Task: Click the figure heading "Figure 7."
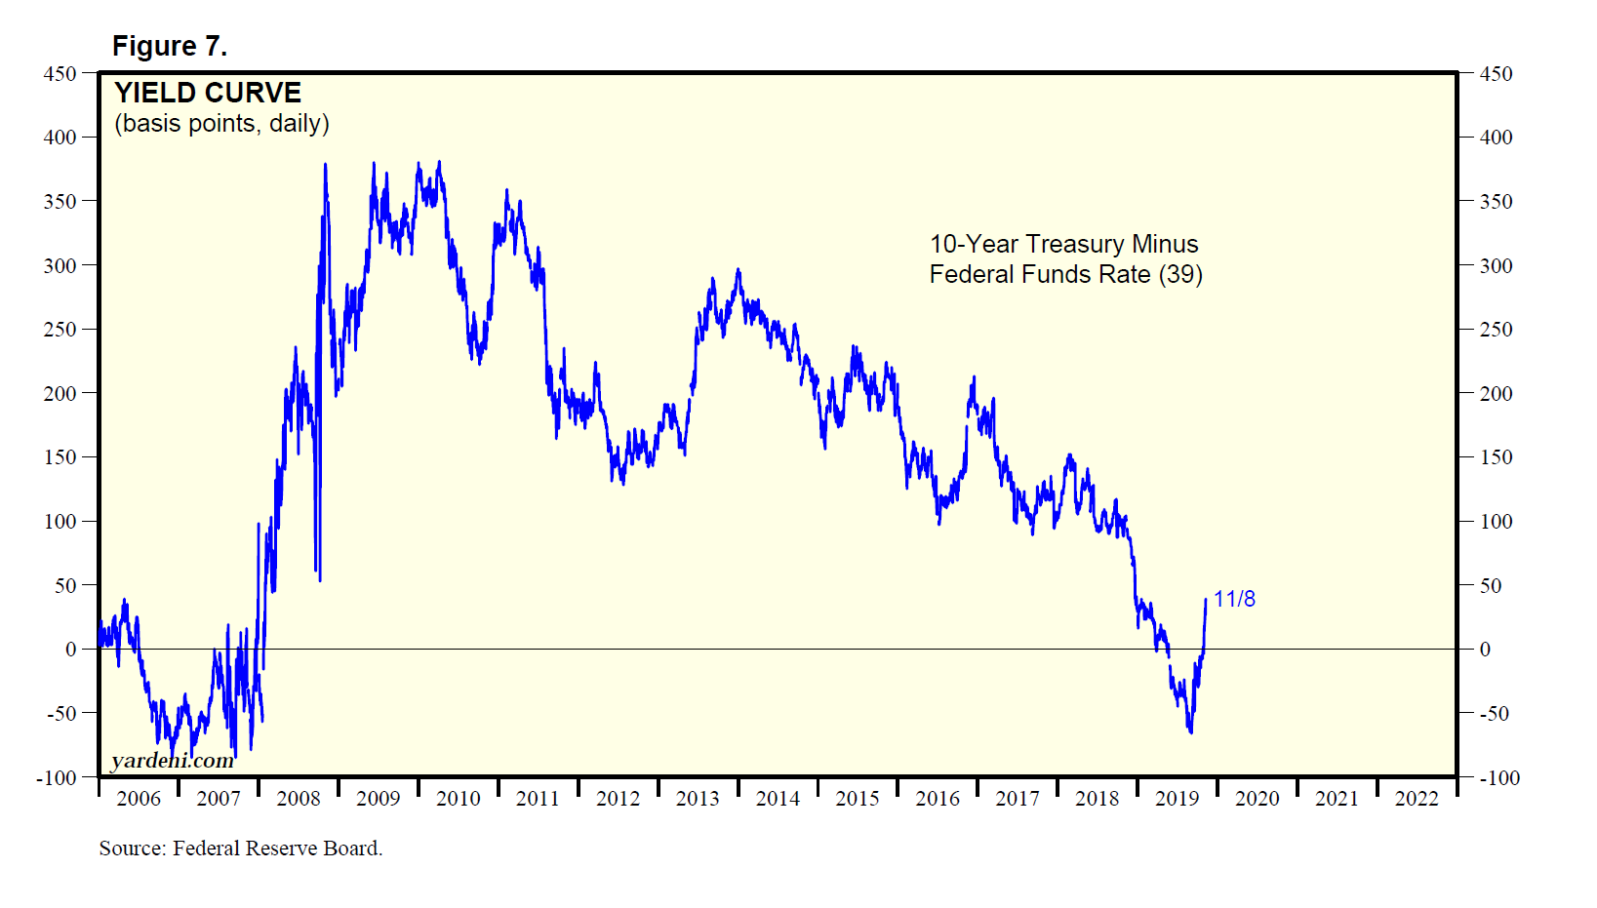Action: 169,46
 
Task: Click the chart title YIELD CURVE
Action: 208,93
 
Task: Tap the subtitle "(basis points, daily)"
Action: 221,124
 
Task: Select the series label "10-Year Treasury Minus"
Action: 1063,244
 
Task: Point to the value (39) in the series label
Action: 1180,274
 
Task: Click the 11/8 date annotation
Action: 1234,599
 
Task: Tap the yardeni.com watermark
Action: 172,761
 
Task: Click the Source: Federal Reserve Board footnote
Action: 240,849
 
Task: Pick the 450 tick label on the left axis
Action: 60,74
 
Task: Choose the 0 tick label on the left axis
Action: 70,650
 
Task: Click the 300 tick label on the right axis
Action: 1496,266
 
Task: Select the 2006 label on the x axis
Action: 139,799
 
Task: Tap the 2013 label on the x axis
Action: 698,799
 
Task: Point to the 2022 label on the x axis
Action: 1417,799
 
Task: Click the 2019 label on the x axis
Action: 1177,799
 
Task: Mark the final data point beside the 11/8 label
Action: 1206,600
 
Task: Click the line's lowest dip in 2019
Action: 1190,732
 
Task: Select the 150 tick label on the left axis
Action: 60,457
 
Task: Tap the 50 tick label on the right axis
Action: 1491,586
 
